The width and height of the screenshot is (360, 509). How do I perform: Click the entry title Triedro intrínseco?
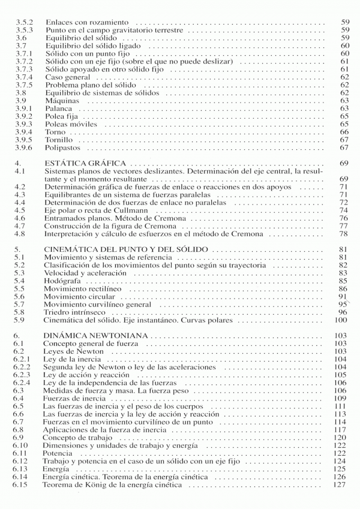tap(74, 312)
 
